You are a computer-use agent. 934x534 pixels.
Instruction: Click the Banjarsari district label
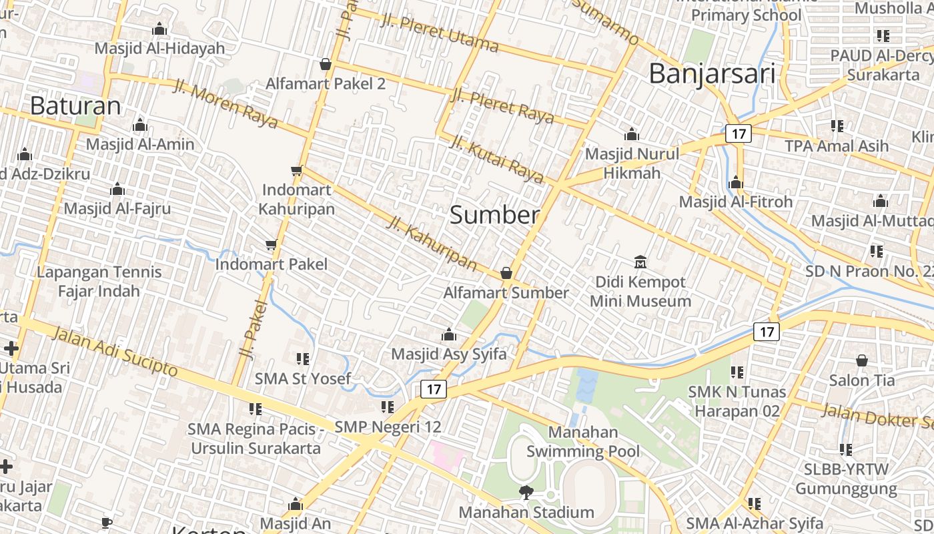[x=712, y=73]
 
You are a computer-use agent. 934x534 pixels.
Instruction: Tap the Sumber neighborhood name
[x=494, y=215]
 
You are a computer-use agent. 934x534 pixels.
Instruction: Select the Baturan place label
[x=75, y=105]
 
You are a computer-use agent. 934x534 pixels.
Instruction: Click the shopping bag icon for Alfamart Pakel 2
[x=326, y=64]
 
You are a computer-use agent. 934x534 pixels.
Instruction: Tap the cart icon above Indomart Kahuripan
[x=297, y=171]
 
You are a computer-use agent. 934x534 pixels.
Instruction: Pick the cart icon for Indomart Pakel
[x=271, y=245]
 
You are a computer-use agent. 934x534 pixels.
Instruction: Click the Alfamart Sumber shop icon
[x=506, y=273]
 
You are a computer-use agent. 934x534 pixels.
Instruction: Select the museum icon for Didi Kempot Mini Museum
[x=640, y=262]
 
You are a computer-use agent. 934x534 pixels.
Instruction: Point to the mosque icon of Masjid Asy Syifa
[x=449, y=334]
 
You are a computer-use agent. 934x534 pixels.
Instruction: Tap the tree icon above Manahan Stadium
[x=526, y=493]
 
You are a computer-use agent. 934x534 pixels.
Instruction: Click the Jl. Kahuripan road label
[x=432, y=243]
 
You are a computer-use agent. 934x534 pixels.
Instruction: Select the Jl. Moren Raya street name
[x=225, y=104]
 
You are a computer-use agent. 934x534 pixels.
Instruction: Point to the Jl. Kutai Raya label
[x=497, y=159]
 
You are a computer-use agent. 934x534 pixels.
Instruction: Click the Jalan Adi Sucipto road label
[x=114, y=351]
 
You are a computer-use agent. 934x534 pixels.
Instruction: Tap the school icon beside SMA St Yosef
[x=303, y=359]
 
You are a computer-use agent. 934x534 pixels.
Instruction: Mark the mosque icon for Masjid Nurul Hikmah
[x=632, y=135]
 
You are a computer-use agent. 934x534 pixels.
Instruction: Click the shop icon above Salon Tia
[x=862, y=360]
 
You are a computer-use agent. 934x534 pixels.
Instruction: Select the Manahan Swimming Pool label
[x=583, y=442]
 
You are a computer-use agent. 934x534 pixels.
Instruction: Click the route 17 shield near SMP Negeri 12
[x=434, y=389]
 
